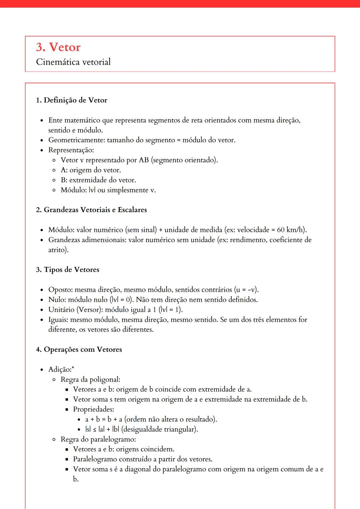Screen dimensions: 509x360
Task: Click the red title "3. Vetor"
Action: [58, 47]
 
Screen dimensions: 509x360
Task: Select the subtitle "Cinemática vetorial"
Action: [73, 62]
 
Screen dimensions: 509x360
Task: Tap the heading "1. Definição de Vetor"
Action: [72, 100]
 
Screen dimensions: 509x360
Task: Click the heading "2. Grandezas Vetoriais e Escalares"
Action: [91, 210]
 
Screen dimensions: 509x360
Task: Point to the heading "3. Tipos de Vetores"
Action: [68, 269]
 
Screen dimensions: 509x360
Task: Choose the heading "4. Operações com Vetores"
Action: [79, 349]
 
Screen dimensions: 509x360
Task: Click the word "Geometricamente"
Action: [76, 140]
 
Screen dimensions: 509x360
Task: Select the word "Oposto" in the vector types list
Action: [60, 290]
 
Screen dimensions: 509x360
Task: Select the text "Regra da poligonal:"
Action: [90, 379]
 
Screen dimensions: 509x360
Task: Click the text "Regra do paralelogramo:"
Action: [98, 439]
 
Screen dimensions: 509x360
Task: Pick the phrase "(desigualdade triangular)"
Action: [160, 429]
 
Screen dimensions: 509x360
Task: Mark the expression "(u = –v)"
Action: [246, 290]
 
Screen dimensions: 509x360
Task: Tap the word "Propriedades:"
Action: [94, 409]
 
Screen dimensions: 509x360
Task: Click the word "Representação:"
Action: [71, 150]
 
